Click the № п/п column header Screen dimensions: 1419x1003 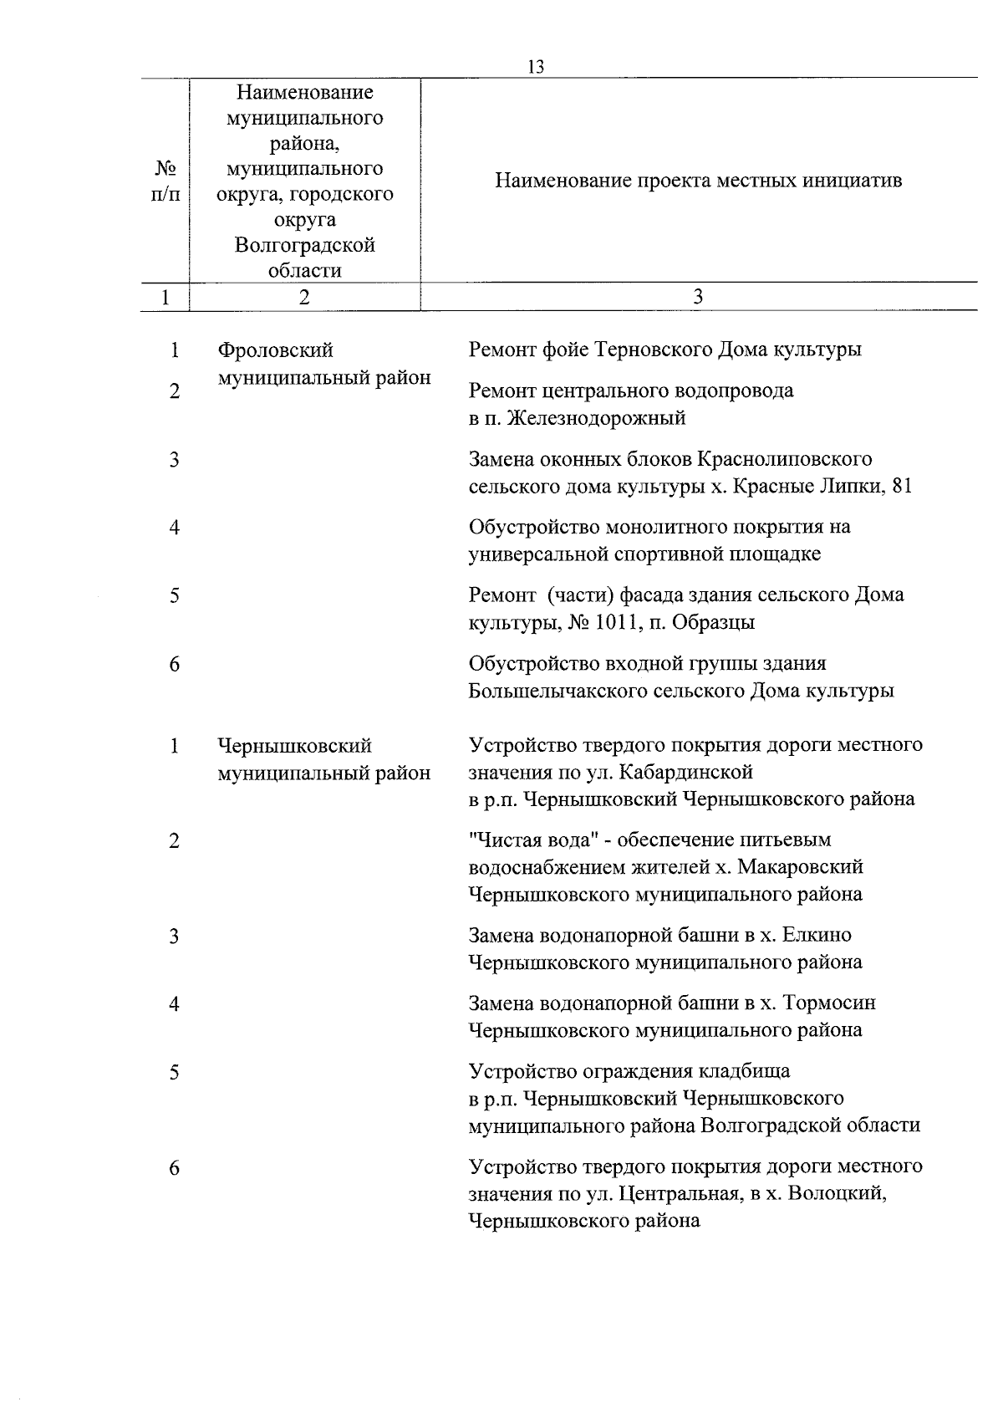[165, 181]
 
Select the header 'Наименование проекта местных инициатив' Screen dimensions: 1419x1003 [698, 181]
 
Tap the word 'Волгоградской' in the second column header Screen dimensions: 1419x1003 [304, 245]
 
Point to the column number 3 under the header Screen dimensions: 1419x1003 [698, 297]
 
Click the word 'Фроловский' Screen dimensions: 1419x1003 [276, 350]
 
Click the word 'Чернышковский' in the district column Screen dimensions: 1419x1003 [295, 745]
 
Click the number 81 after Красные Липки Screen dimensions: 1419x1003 [902, 486]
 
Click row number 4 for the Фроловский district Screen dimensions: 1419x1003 [174, 528]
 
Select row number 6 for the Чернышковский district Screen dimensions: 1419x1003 [174, 1167]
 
